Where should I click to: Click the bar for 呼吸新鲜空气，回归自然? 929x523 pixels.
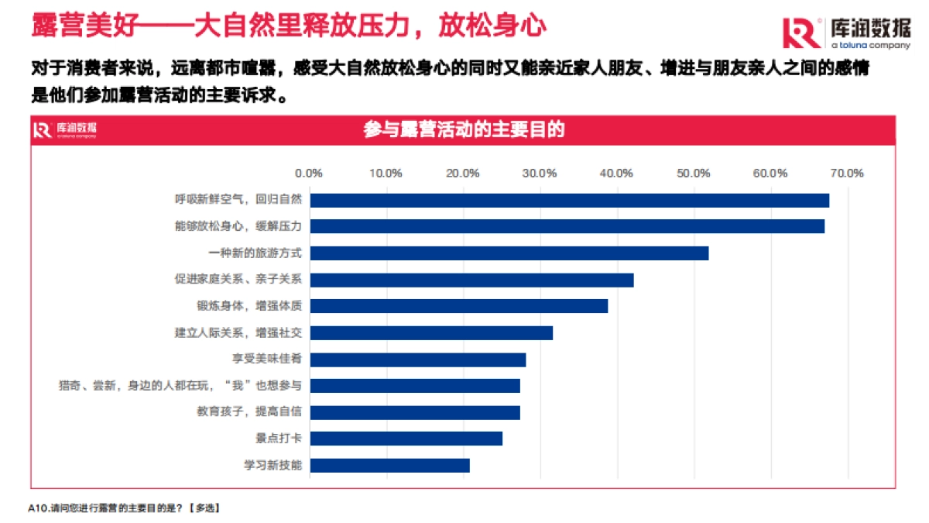pos(569,200)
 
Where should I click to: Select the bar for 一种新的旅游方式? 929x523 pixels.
pos(509,253)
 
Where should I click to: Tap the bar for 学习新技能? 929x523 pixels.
pos(389,465)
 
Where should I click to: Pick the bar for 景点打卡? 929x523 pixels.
pos(406,439)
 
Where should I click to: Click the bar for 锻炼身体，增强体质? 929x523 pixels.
pos(458,306)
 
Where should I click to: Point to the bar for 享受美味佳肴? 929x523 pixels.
pos(417,360)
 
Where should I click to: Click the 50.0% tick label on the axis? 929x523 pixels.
pos(693,173)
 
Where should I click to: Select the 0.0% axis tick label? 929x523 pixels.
pos(310,173)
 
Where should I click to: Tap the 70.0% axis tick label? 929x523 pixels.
pos(846,173)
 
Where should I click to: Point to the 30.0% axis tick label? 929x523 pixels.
pos(540,173)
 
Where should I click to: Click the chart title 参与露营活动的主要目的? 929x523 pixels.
pos(464,130)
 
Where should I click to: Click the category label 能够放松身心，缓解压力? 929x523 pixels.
pos(238,227)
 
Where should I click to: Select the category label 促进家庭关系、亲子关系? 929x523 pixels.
pos(238,280)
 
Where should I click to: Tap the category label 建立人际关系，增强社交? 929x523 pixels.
pos(238,333)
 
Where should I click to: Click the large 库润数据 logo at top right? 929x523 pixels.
pos(846,33)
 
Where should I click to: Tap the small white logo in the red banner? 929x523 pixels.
pos(65,130)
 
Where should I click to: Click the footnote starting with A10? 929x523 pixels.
pos(124,508)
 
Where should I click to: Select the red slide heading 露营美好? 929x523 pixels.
pos(289,26)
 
